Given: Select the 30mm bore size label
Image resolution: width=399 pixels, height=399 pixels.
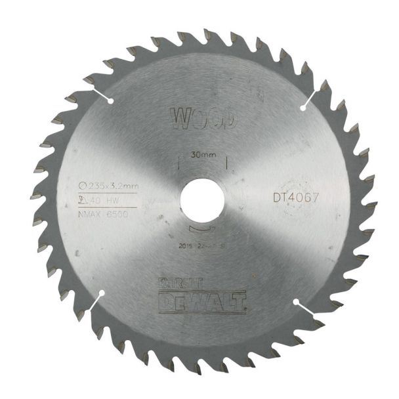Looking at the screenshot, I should coord(202,156).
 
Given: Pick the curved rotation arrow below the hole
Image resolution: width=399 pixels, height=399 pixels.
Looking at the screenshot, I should coord(201,230).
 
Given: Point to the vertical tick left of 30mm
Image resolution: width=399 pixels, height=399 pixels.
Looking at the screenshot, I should coord(179,161).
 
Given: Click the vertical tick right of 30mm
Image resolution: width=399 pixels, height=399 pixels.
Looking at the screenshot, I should coord(225,161).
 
